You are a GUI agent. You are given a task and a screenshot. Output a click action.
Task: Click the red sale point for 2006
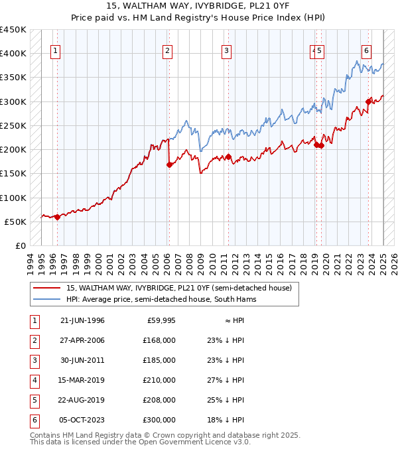pos(169,165)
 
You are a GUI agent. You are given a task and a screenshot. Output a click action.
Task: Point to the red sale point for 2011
pos(228,157)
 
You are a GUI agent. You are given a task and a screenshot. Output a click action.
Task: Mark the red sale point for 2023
pos(369,101)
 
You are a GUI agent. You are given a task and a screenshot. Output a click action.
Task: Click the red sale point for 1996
pos(58,217)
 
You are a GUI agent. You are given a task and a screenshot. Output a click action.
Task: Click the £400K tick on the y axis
pos(13,53)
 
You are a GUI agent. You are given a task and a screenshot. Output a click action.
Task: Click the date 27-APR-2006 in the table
pos(82,340)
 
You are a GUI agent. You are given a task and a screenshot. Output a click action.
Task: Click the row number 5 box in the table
pos(34,400)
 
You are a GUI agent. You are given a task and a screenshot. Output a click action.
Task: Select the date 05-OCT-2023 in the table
pos(82,420)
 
